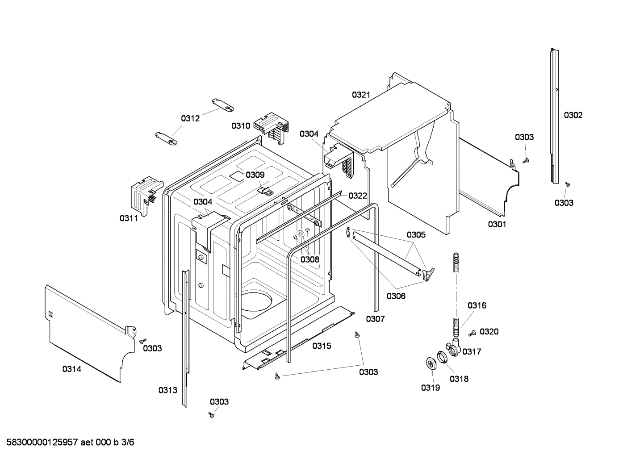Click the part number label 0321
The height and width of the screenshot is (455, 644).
[361, 95]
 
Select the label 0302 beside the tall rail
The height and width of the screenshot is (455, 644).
[573, 115]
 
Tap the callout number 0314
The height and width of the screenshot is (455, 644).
[71, 369]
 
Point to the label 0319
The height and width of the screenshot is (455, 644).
[430, 388]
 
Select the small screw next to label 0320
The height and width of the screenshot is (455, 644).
[472, 333]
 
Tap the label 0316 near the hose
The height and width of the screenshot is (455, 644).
[477, 305]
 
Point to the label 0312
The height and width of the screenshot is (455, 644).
[190, 118]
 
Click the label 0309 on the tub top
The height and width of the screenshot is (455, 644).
[255, 175]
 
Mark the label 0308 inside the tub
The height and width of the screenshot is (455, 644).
[309, 259]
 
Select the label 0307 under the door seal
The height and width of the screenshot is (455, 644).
[375, 319]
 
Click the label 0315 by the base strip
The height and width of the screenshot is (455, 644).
[322, 346]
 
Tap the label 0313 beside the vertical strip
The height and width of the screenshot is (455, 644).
[167, 390]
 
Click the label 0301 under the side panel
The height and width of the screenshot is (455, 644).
[497, 224]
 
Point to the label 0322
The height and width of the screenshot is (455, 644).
[358, 196]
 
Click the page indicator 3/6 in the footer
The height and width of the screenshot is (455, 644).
[127, 442]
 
